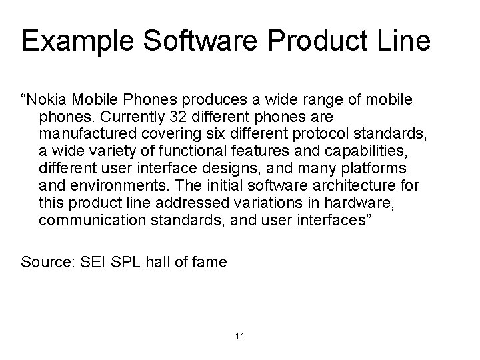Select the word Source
tap(48, 262)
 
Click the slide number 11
tap(240, 335)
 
